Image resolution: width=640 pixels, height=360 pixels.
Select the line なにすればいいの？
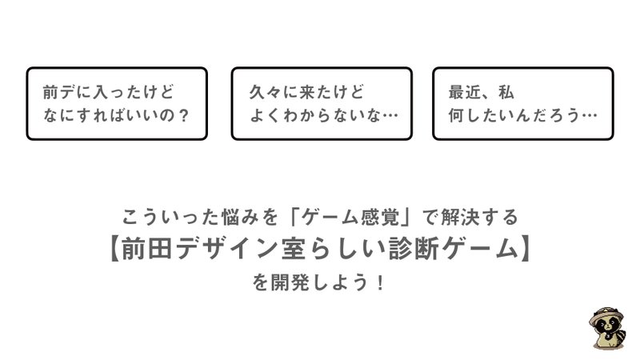[116, 115]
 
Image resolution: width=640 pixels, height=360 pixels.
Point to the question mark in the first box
[184, 115]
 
